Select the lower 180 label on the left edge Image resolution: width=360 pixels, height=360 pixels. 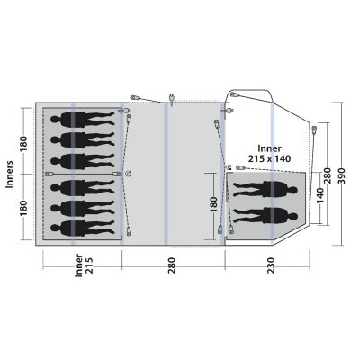pyautogui.click(x=25, y=204)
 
